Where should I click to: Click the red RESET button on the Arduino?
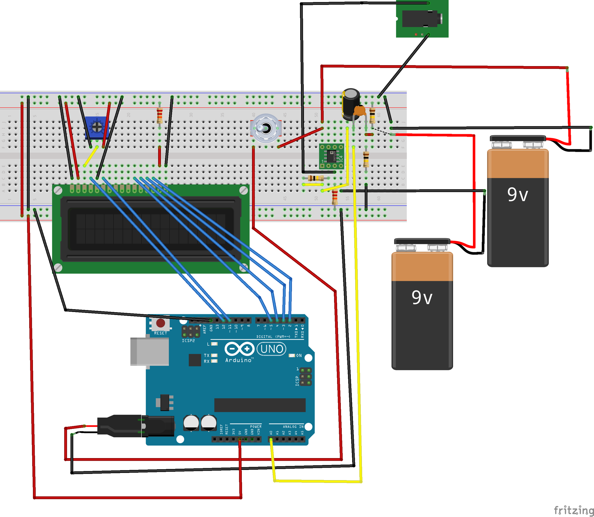coord(160,323)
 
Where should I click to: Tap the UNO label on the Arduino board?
coord(271,349)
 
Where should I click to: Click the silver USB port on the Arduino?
coord(149,351)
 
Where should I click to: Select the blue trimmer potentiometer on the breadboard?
coord(97,127)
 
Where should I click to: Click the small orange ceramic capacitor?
coord(360,110)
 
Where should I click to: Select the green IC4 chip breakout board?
coord(331,156)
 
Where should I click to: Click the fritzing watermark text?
coord(573,510)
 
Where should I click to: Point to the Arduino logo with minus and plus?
coord(239,349)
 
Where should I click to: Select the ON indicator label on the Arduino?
coord(299,356)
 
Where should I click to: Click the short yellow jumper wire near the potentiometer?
coord(91,156)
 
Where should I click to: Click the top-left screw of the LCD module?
coord(58,190)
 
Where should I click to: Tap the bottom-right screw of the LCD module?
coord(244,268)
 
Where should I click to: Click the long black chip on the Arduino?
coord(260,405)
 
